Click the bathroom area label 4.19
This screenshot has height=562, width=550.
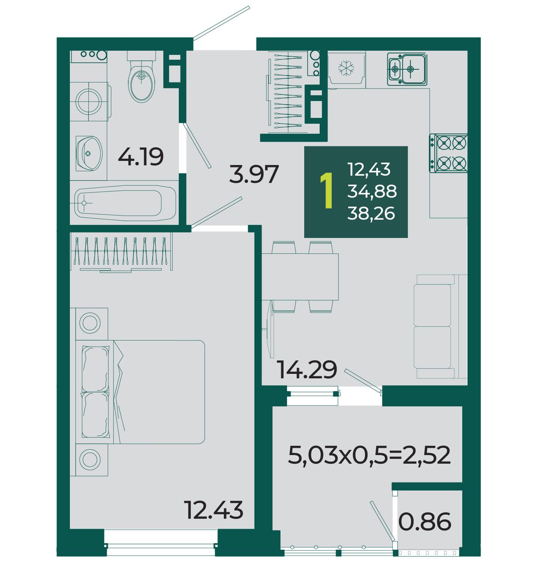pyautogui.click(x=141, y=157)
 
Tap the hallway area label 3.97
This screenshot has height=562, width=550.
pyautogui.click(x=254, y=174)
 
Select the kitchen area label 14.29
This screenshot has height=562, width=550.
pyautogui.click(x=307, y=369)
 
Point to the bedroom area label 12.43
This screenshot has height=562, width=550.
pyautogui.click(x=214, y=510)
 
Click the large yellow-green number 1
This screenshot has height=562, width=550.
pyautogui.click(x=327, y=191)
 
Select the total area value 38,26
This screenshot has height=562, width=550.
pyautogui.click(x=371, y=213)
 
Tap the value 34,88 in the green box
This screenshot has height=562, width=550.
pyautogui.click(x=372, y=191)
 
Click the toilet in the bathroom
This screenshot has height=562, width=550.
pyautogui.click(x=141, y=77)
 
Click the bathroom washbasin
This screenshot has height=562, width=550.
pyautogui.click(x=89, y=153)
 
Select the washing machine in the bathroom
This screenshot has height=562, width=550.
pyautogui.click(x=89, y=101)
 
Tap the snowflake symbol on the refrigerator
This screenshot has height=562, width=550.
pyautogui.click(x=346, y=69)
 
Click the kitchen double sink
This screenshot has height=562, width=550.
pyautogui.click(x=407, y=69)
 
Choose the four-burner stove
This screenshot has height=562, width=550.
pyautogui.click(x=448, y=153)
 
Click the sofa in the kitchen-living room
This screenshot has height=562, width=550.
pyautogui.click(x=440, y=326)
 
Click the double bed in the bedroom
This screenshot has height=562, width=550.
pyautogui.click(x=140, y=392)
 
